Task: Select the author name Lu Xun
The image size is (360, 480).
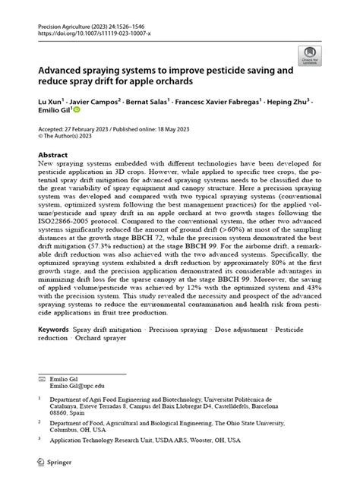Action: (48, 99)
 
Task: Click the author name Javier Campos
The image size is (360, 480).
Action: (94, 99)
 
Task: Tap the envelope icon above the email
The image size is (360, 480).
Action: (42, 377)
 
